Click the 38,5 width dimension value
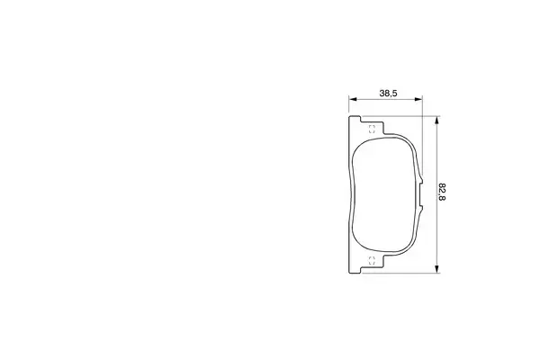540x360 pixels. (x=388, y=93)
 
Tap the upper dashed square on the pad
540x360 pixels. (x=372, y=130)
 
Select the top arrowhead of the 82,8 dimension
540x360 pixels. (x=436, y=119)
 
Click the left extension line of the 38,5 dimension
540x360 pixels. (x=348, y=106)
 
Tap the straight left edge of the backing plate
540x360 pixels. (x=348, y=193)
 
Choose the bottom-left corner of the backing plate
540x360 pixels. (x=349, y=269)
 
